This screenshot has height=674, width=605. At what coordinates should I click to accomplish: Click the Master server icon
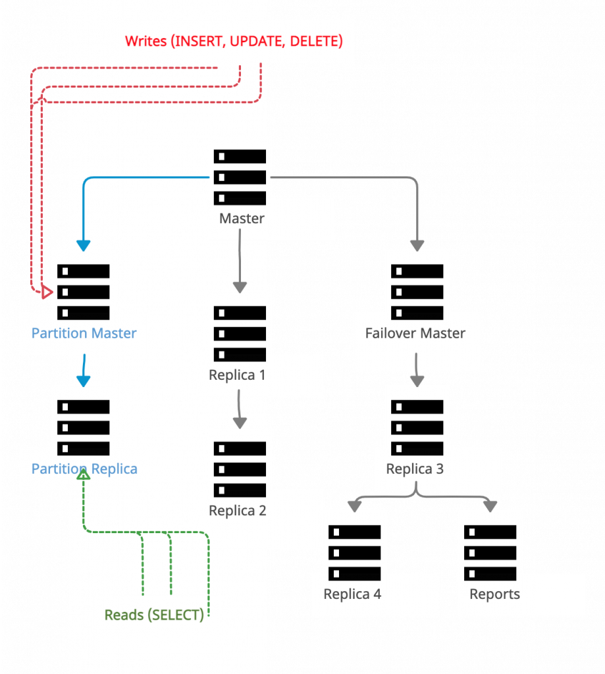240,177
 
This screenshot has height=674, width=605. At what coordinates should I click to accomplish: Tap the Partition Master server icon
83,292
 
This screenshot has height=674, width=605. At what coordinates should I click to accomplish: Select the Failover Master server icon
417,292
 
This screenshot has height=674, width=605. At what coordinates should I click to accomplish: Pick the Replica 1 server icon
240,334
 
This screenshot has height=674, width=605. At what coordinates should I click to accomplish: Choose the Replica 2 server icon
240,469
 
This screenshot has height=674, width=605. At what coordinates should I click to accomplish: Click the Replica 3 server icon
417,428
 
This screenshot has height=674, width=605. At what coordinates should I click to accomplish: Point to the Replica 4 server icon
354,553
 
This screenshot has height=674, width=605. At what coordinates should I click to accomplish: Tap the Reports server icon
490,553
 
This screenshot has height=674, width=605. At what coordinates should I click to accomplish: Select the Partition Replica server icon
83,428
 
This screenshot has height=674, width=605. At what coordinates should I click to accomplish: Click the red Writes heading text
234,41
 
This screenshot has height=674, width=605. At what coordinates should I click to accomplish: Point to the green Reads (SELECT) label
154,615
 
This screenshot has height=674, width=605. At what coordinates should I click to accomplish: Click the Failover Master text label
415,333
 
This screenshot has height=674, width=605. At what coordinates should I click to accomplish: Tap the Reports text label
494,594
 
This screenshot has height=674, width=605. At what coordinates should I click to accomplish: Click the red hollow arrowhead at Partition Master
47,292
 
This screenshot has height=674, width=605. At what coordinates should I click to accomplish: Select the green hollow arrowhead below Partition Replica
84,473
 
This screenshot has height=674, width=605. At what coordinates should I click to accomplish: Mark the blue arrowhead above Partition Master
84,246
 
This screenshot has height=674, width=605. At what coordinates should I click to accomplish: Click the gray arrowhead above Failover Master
417,246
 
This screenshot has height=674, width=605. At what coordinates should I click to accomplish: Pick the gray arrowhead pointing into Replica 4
354,506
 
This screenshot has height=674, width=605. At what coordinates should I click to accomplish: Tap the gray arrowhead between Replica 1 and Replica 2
240,423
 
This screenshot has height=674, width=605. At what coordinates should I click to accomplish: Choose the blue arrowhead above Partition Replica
84,381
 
